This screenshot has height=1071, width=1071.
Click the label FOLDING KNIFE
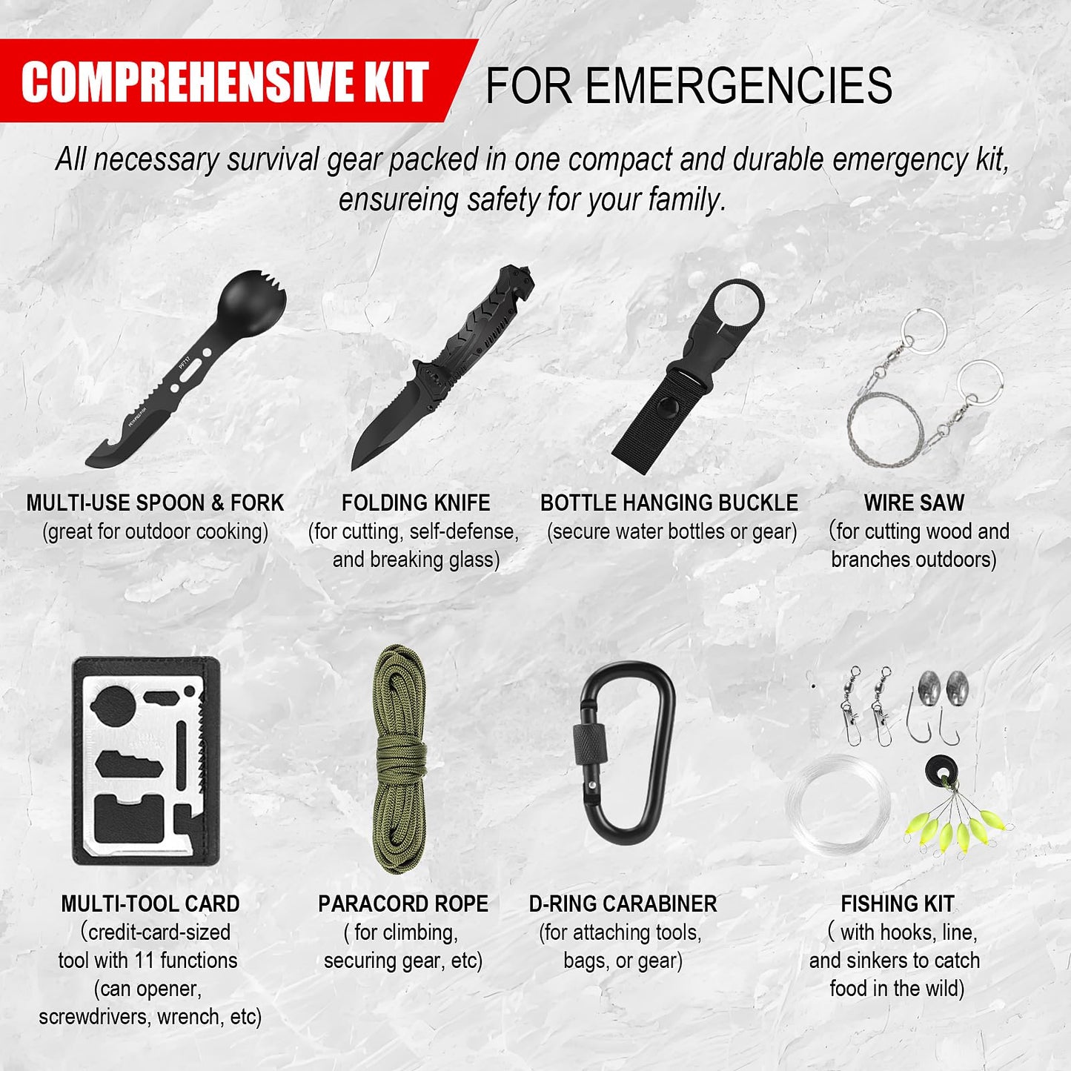[416, 503]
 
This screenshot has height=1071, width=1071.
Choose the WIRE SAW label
[914, 503]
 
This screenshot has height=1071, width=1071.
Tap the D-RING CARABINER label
[623, 903]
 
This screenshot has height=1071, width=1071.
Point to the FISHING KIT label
[897, 903]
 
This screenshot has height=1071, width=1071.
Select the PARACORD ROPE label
[403, 903]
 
